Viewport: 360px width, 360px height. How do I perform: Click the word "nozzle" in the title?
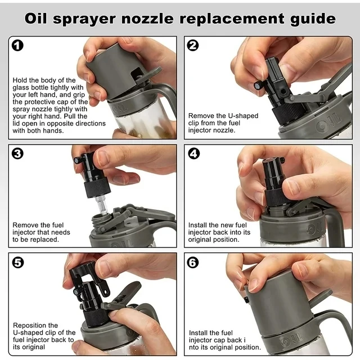147,19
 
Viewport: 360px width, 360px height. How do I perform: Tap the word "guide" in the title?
313,19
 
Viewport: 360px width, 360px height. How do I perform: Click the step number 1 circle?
17,45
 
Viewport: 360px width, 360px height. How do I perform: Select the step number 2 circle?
192,45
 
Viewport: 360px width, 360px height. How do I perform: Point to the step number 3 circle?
17,154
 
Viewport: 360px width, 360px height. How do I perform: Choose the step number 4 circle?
193,154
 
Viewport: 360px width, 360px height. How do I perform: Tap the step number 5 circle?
17,262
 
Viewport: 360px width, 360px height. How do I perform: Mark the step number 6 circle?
193,262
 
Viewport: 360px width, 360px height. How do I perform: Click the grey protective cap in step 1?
114,74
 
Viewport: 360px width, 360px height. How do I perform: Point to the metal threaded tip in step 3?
101,204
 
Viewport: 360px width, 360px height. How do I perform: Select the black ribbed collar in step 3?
97,188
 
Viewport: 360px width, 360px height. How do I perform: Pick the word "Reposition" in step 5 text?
35,325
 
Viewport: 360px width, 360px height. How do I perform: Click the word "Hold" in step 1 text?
20,80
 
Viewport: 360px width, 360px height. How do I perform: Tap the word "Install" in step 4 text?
197,225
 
